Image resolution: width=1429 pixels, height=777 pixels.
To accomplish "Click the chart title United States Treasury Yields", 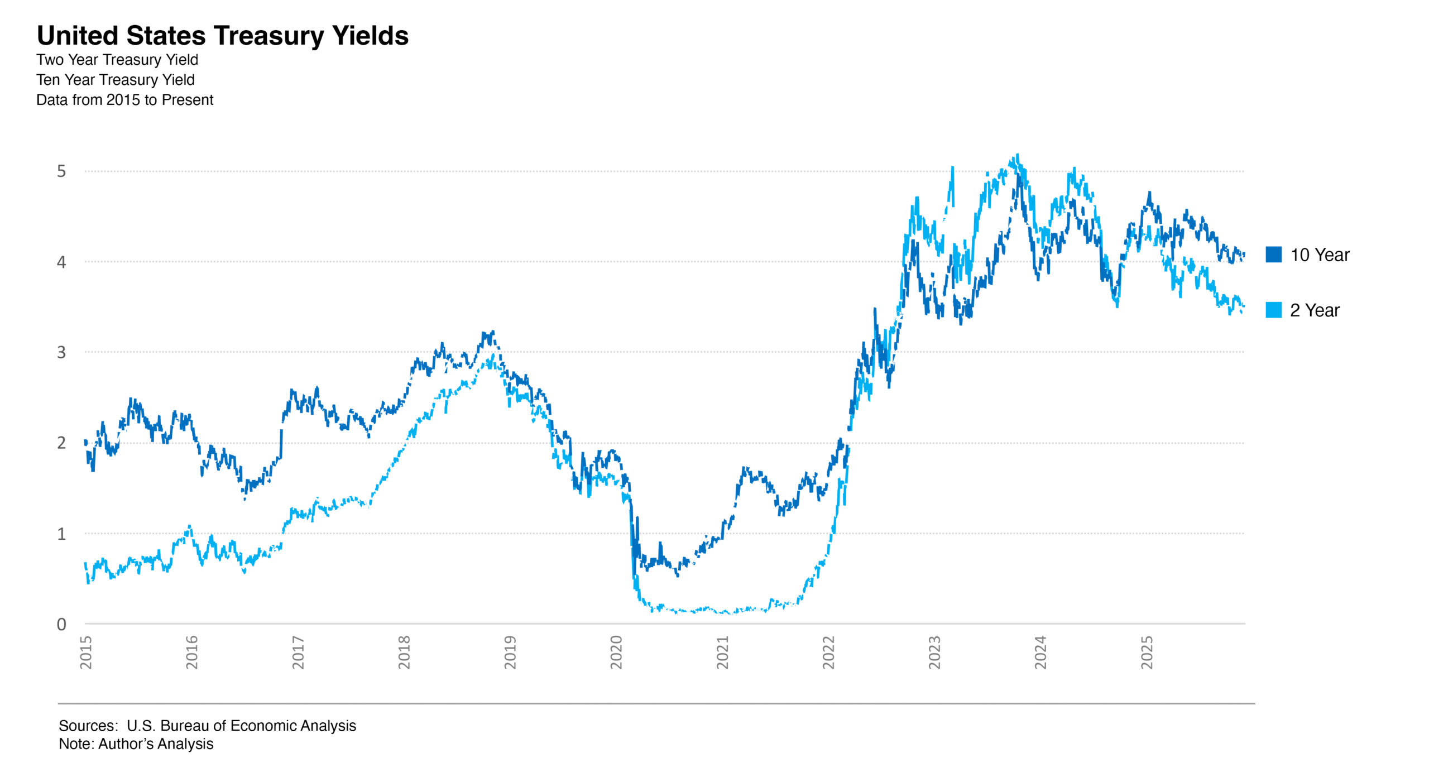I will point(222,36).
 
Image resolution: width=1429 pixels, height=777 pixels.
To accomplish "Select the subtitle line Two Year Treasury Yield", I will point(117,60).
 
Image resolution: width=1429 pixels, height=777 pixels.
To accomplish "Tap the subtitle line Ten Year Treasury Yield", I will point(116,80).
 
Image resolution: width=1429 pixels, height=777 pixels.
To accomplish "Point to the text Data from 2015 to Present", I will point(124,100).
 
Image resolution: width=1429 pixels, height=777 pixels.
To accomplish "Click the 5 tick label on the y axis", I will point(61,171).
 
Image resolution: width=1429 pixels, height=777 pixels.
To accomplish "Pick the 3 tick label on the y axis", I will point(61,352).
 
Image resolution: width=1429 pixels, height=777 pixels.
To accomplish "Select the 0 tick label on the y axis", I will point(61,624).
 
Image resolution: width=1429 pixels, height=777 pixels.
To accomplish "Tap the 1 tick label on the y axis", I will point(61,534).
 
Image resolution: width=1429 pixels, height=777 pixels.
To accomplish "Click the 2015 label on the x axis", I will point(86,652).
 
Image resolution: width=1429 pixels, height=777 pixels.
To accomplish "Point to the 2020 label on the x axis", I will point(616,652).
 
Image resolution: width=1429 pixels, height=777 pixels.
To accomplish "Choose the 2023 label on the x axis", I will point(934,652).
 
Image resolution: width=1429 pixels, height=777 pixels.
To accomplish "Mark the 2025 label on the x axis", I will point(1147,652).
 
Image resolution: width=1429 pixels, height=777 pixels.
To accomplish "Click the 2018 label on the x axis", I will point(404,652).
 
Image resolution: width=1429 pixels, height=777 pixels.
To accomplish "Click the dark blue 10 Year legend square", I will point(1273,255).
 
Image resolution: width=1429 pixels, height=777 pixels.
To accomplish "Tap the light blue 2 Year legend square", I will point(1273,310).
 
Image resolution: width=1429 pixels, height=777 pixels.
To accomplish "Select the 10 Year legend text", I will point(1319,255).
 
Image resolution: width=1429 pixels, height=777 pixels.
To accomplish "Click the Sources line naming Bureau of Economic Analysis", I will point(207,725).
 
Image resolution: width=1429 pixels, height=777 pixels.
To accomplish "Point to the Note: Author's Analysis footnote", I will point(136,744).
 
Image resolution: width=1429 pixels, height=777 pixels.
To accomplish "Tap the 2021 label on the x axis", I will point(722,652).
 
